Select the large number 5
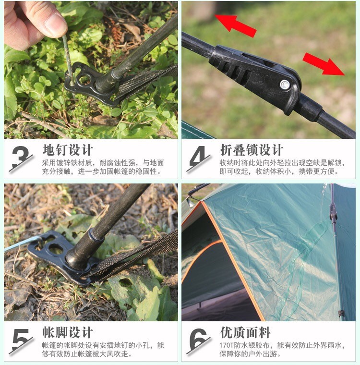pyautogui.click(x=21, y=340)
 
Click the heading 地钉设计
pyautogui.click(x=68, y=150)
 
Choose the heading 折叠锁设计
pyautogui.click(x=252, y=150)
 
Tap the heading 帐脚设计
pyautogui.click(x=68, y=332)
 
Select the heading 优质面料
pyautogui.click(x=245, y=332)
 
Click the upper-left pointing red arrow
pyautogui.click(x=235, y=25)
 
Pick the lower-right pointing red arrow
pyautogui.click(x=324, y=64)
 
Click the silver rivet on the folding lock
pyautogui.click(x=285, y=85)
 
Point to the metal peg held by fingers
pyautogui.click(x=68, y=60)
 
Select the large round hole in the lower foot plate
pyautogui.click(x=56, y=249)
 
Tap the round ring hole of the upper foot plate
pyautogui.click(x=84, y=79)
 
